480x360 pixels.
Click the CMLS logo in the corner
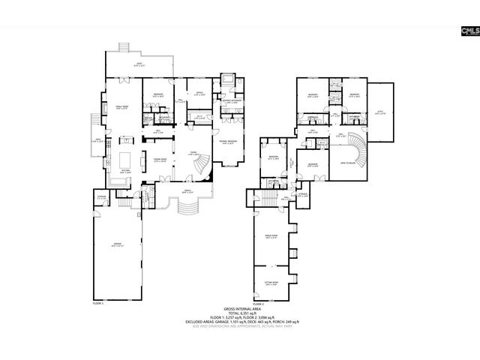pyautogui.click(x=468, y=30)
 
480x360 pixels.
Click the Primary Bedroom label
pyautogui.click(x=228, y=142)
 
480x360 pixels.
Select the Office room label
pyautogui.click(x=199, y=94)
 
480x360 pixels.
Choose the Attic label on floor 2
pyautogui.click(x=384, y=113)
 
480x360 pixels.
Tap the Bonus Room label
pyautogui.click(x=271, y=238)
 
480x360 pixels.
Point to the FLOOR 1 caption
pyautogui.click(x=97, y=304)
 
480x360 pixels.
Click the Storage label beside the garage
pyautogui.click(x=101, y=198)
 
